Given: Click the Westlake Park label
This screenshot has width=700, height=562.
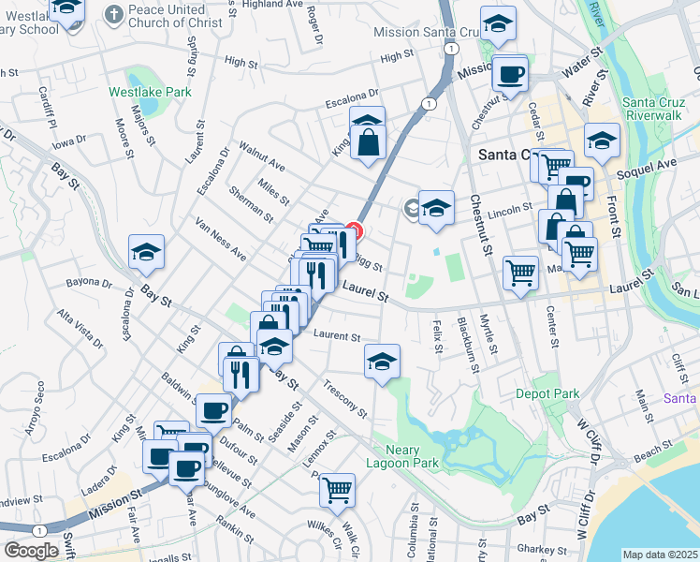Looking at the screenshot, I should click(x=150, y=92).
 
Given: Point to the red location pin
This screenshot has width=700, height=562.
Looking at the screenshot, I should click(x=354, y=229).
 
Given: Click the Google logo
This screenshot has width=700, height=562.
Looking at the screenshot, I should click(x=31, y=551).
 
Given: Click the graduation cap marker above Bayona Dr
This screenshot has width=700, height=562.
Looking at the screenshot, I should click(x=147, y=250).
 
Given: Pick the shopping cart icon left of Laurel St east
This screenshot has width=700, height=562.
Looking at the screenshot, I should click(x=520, y=273).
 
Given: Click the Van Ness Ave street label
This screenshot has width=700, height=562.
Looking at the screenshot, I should click(x=221, y=240).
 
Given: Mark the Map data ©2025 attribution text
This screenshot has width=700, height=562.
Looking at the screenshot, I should click(x=660, y=555).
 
